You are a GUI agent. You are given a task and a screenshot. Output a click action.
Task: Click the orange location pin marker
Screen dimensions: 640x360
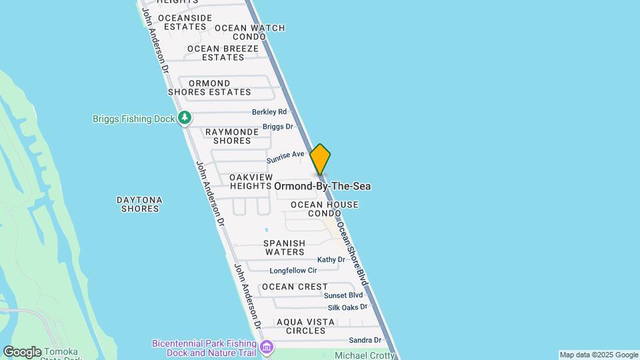click(320, 159)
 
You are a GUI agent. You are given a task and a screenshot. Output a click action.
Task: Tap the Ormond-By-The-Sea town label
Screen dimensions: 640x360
click(322, 186)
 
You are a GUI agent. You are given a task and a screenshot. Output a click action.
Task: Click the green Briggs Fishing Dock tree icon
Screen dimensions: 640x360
click(185, 118)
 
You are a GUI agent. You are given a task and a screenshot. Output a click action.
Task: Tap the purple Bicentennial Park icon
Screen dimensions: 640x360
click(267, 347)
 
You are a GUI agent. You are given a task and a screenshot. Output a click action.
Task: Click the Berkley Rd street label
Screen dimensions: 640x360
click(269, 111)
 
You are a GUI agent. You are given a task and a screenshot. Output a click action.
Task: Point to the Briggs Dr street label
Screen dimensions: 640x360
click(277, 127)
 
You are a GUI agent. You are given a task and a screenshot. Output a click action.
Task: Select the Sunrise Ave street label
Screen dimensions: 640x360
click(285, 157)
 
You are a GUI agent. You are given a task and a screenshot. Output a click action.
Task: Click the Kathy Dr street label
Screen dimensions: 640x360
click(331, 259)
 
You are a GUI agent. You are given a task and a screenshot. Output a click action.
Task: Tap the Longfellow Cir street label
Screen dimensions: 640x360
click(293, 271)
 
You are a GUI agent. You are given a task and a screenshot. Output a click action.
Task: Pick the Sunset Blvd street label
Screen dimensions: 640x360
click(343, 295)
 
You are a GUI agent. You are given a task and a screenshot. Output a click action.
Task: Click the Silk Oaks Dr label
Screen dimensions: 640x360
click(347, 307)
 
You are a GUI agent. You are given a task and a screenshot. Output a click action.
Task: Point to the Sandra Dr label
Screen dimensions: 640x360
click(365, 340)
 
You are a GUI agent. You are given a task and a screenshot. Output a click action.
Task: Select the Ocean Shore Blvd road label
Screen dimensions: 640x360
click(352, 254)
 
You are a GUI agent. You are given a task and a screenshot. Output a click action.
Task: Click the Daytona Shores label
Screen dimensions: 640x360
click(140, 204)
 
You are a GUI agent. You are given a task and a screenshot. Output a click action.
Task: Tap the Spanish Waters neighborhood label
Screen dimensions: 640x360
click(284, 247)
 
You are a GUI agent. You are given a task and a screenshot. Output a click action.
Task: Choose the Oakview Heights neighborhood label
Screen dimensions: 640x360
click(251, 181)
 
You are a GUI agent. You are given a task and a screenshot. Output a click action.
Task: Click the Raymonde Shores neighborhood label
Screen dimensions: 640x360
click(232, 136)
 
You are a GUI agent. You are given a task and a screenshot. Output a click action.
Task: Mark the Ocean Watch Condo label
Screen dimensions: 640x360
click(249, 32)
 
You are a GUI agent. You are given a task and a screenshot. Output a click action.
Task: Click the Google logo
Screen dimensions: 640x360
click(23, 352)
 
